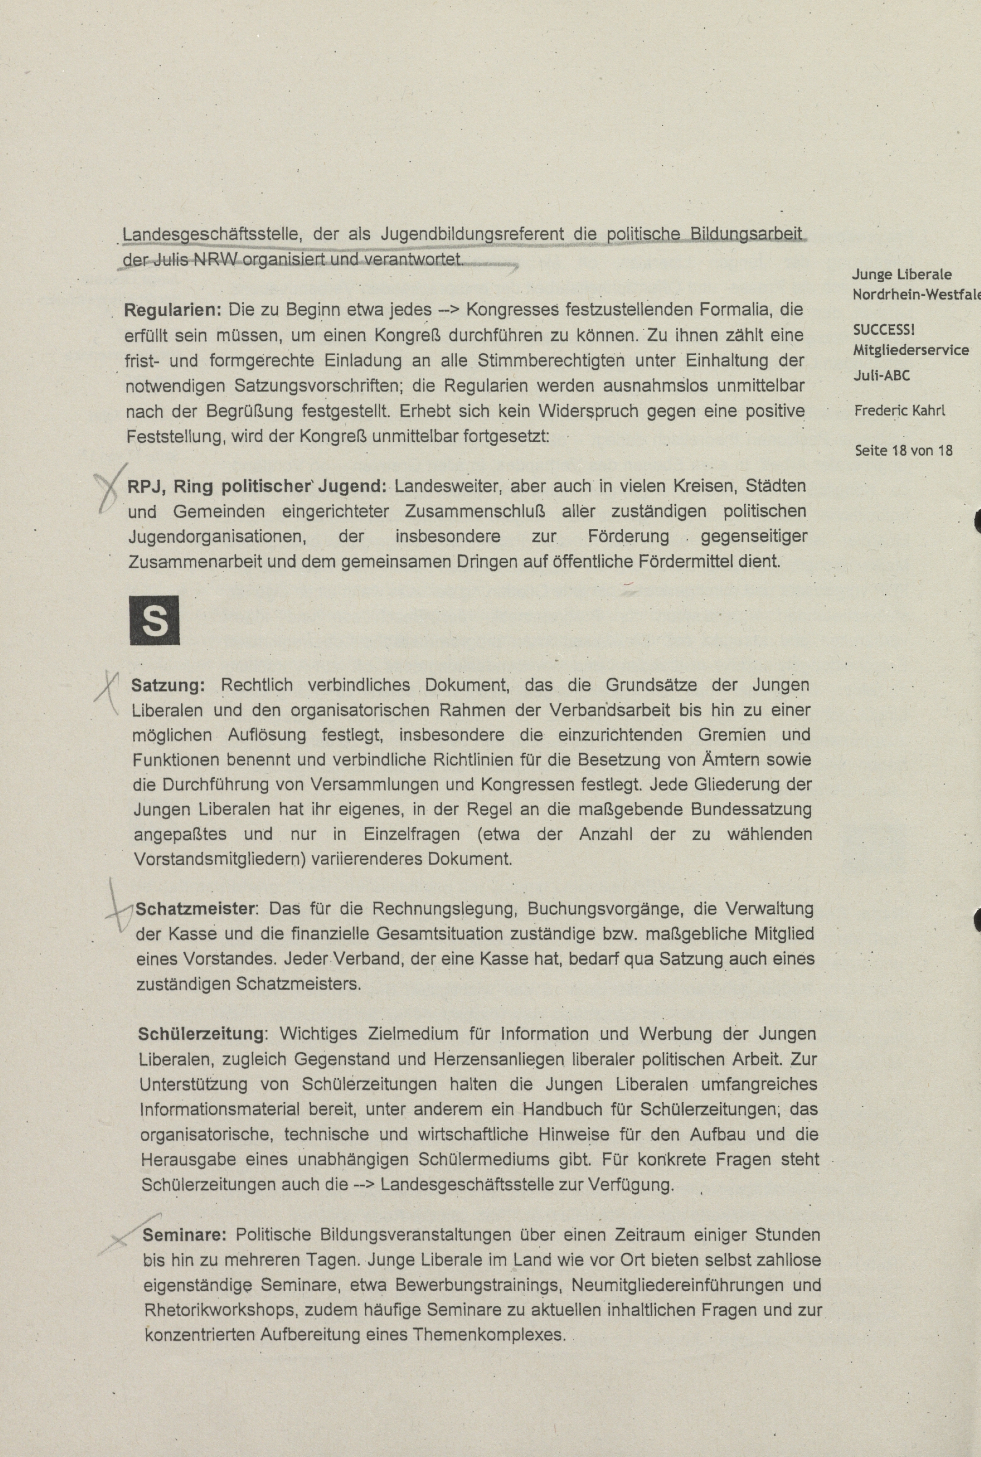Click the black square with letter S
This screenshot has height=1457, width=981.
154,620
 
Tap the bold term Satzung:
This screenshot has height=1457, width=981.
167,685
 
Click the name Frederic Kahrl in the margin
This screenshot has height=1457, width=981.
900,411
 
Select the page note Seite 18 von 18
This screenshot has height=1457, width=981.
903,450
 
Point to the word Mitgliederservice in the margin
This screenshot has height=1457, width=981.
910,350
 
